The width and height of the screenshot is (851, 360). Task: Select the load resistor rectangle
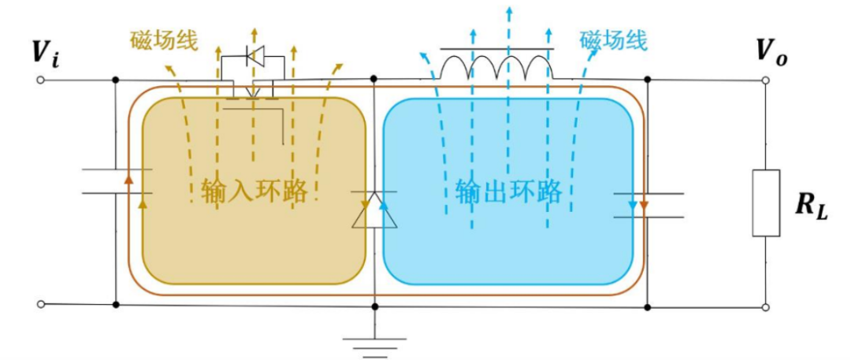pos(766,202)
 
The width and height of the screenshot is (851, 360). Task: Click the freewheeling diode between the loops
pos(374,209)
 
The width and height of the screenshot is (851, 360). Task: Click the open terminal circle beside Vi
pos(40,80)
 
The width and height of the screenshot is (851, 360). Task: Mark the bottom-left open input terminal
pos(40,304)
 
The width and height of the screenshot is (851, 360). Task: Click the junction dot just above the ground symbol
pos(374,305)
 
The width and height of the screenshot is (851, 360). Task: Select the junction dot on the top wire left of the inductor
pos(373,79)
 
